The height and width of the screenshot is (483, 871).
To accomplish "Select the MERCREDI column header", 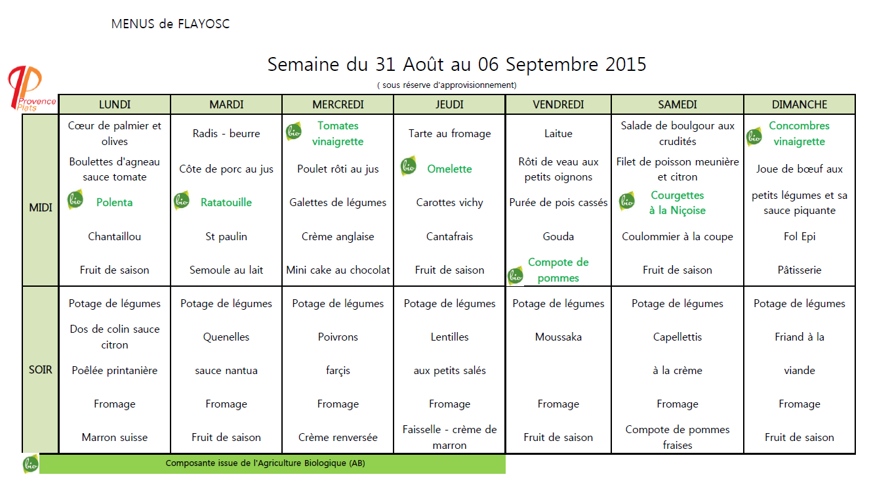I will pyautogui.click(x=338, y=104).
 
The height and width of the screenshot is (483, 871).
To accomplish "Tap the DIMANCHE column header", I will pyautogui.click(x=799, y=104).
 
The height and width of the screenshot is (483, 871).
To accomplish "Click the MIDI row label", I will pyautogui.click(x=41, y=207).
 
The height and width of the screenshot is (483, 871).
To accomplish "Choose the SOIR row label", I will pyautogui.click(x=41, y=370).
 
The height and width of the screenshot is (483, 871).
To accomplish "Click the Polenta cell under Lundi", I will pyautogui.click(x=114, y=202).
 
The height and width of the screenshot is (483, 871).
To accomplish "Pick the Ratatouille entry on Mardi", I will pyautogui.click(x=226, y=202).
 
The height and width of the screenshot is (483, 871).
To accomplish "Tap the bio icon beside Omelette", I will pyautogui.click(x=409, y=167).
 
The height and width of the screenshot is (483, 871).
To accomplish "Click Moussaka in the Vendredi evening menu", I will pyautogui.click(x=558, y=337).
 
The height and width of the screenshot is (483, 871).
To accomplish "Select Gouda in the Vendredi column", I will pyautogui.click(x=558, y=236).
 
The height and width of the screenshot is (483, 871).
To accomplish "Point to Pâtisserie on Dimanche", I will pyautogui.click(x=799, y=270).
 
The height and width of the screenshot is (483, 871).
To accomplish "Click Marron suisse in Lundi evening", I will pyautogui.click(x=115, y=437).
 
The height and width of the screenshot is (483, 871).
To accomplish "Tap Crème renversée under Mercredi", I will pyautogui.click(x=338, y=437).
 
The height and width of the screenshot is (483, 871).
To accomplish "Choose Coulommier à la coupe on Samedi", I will pyautogui.click(x=677, y=236).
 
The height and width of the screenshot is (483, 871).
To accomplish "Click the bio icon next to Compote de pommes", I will pyautogui.click(x=516, y=276).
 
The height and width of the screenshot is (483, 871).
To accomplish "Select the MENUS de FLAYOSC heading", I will pyautogui.click(x=171, y=24).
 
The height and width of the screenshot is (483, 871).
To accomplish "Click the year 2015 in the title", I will pyautogui.click(x=626, y=64).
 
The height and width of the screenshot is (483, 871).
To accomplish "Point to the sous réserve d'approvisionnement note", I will pyautogui.click(x=447, y=85).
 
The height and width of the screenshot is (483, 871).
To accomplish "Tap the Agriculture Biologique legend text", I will pyautogui.click(x=265, y=463).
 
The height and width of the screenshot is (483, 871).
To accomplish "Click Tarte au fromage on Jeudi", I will pyautogui.click(x=449, y=133).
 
